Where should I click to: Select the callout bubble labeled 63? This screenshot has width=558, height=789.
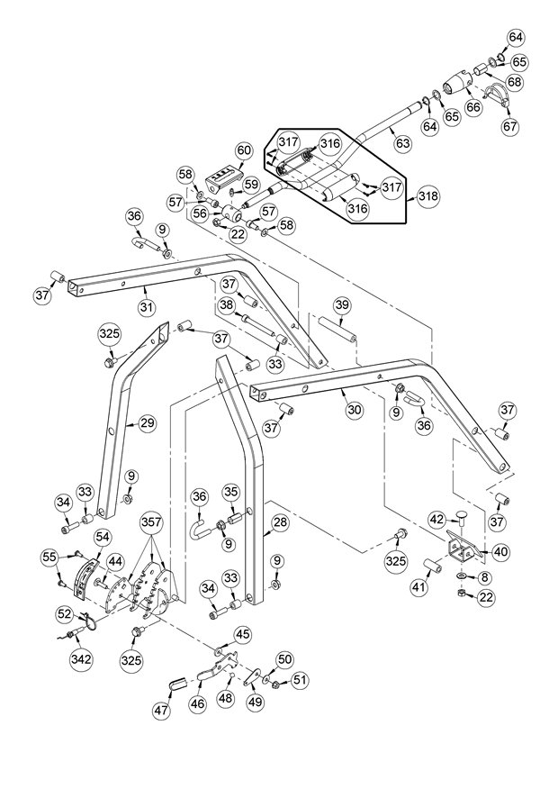tap(402, 142)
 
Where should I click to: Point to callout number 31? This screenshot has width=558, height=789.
tap(147, 306)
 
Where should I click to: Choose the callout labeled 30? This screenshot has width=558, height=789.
tap(354, 410)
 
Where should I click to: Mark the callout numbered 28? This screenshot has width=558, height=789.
tap(280, 522)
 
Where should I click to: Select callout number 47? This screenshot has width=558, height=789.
tap(161, 711)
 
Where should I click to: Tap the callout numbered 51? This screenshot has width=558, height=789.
tap(299, 680)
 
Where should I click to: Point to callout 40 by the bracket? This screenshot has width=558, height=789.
tap(500, 551)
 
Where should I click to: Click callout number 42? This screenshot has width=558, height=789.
tap(436, 519)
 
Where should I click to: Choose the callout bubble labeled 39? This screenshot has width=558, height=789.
tap(341, 306)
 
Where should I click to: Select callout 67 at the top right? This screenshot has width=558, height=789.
tap(510, 126)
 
